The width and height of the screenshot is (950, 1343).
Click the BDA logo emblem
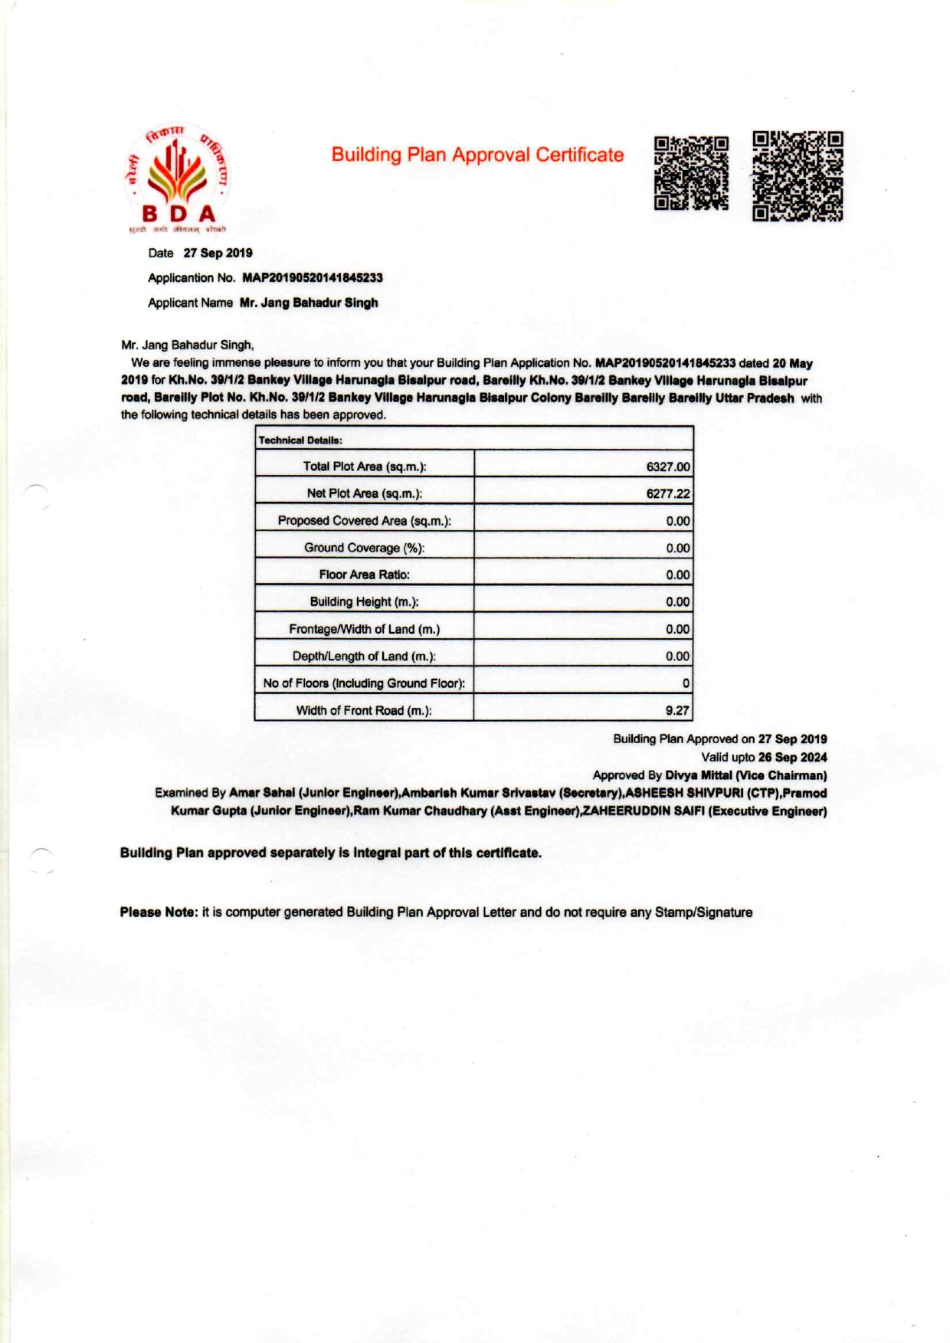[x=177, y=179]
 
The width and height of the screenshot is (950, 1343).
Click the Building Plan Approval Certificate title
[x=477, y=155]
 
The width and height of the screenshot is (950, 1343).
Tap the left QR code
[x=691, y=173]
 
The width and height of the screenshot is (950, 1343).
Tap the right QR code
[x=798, y=176]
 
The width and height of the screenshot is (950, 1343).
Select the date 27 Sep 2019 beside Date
[x=218, y=254]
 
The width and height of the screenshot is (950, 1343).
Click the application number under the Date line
[x=312, y=278]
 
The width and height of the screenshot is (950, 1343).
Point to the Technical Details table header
[x=300, y=440]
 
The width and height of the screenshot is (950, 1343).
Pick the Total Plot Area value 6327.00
[x=667, y=467]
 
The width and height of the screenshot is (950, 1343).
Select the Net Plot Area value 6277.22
[x=667, y=494]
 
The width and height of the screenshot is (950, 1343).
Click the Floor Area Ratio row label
[x=364, y=575]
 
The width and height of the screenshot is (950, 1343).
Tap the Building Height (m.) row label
[x=364, y=602]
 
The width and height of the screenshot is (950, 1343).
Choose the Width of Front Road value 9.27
[x=676, y=711]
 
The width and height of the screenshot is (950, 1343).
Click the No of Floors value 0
[x=685, y=683]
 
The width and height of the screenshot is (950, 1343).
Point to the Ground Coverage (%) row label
[x=364, y=548]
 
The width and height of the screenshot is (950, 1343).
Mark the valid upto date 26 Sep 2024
[x=792, y=758]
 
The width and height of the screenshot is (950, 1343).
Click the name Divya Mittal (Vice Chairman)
[x=745, y=775]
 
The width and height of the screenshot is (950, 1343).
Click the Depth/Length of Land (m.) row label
[x=364, y=657]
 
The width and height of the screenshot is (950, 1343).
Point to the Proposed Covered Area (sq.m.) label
[x=364, y=521]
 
